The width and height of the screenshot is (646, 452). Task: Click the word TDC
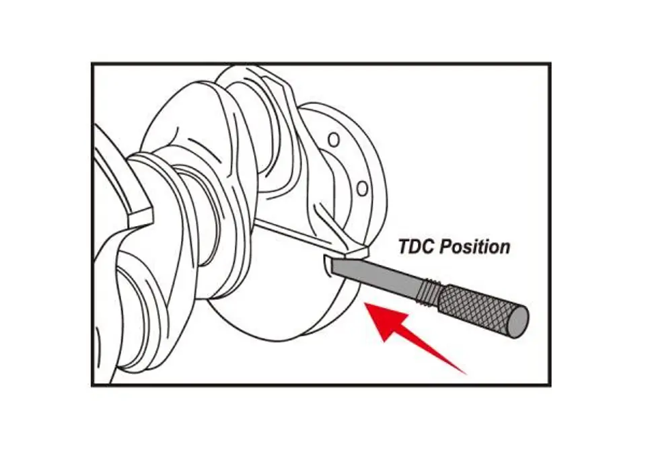(416, 247)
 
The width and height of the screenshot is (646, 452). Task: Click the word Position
(474, 248)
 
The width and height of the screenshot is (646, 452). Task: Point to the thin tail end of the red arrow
(466, 374)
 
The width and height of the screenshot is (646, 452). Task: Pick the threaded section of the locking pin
(429, 291)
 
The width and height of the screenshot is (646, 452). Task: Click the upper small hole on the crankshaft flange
(334, 140)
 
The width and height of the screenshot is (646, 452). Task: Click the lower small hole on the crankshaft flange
(362, 189)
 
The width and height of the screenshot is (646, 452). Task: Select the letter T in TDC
(404, 247)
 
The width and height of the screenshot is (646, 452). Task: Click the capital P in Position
(445, 247)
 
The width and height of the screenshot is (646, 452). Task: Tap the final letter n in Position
(505, 249)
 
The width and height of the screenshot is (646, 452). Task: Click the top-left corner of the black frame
(92, 64)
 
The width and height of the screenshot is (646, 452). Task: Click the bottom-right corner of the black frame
(550, 385)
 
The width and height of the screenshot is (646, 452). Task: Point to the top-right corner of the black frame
(550, 64)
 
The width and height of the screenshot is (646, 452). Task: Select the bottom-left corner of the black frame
(92, 385)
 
